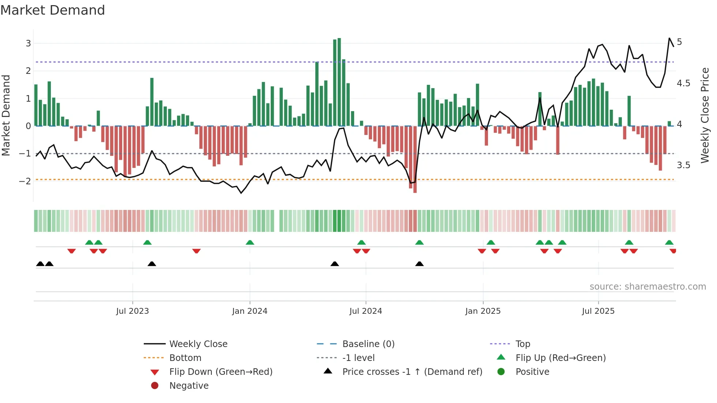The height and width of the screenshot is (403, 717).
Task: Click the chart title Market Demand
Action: (x=53, y=10)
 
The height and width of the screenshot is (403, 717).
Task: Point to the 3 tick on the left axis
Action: (x=28, y=44)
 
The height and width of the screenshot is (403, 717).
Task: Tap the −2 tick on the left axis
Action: (x=25, y=181)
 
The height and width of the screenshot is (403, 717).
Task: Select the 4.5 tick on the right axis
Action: (x=683, y=83)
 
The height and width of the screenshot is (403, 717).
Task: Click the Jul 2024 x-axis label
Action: (x=365, y=311)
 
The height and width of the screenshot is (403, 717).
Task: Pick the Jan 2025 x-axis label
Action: (x=483, y=311)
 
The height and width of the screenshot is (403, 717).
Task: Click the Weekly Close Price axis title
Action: (x=705, y=115)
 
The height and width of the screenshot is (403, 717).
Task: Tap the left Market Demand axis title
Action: (x=6, y=115)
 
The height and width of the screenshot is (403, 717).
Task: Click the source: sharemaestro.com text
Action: (x=647, y=287)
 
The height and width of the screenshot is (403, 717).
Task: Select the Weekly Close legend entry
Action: (x=198, y=344)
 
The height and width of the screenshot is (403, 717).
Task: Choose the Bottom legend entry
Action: (x=185, y=358)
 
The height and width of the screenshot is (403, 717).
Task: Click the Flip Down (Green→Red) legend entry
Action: (x=221, y=372)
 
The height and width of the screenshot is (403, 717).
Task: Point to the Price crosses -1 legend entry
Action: (x=412, y=372)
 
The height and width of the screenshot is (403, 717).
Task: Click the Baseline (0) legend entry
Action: (x=368, y=344)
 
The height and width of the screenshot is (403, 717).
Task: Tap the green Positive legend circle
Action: (x=501, y=372)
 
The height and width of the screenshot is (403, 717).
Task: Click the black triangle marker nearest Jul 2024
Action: (x=335, y=264)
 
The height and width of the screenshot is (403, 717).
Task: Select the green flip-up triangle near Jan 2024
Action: (x=250, y=242)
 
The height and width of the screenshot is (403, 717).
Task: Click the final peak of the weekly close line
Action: (x=669, y=38)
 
